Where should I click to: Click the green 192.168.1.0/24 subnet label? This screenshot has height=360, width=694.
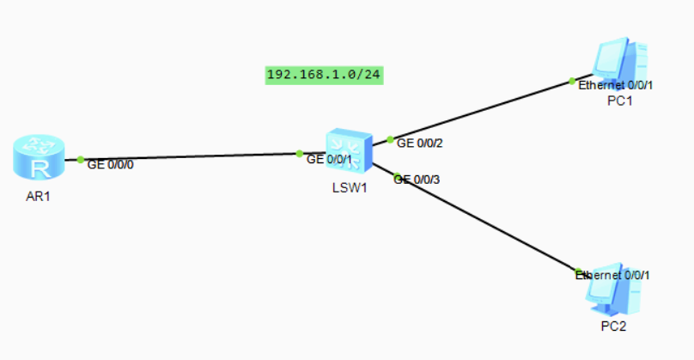[x=324, y=75]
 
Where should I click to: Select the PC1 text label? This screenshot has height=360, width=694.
[x=619, y=101]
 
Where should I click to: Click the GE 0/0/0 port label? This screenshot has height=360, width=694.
[x=111, y=164]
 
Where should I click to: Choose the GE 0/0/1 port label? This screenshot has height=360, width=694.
[x=329, y=159]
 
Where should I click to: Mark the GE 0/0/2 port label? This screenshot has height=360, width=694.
[x=418, y=142]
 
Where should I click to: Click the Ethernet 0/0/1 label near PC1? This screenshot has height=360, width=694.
[x=616, y=86]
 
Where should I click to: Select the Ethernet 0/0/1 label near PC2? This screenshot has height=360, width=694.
[x=612, y=276]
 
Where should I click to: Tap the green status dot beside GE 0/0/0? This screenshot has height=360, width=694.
[x=81, y=159]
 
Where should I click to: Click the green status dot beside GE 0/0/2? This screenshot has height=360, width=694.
[x=390, y=138]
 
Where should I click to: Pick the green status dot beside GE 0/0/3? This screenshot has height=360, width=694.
[x=396, y=175]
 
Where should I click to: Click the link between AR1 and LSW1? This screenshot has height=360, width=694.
[x=189, y=157]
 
